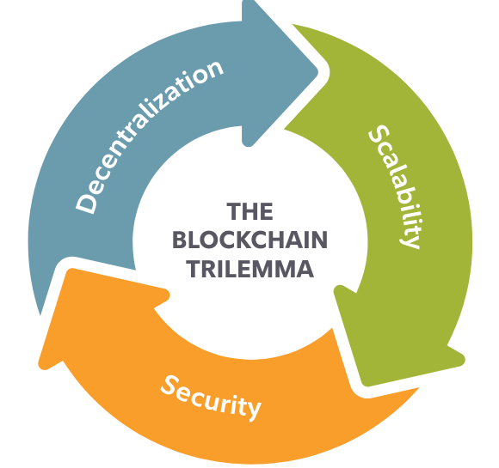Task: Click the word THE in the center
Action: pos(249,211)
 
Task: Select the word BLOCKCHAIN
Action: pos(249,240)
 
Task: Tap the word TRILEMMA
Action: pos(249,269)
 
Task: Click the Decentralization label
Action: pos(150,137)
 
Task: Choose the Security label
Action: pos(211,397)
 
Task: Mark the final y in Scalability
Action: pos(410,240)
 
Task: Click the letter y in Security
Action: pos(252,410)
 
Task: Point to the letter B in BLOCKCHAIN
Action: pos(179,240)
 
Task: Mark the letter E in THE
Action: pos(267,211)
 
